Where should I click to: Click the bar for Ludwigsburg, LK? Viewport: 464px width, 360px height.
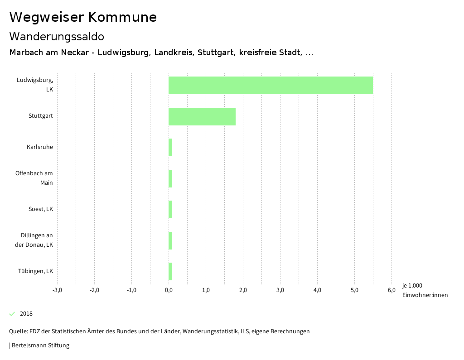click(x=271, y=85)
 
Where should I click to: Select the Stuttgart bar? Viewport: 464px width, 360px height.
click(x=202, y=116)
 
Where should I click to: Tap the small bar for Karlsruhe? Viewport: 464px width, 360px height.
click(x=170, y=148)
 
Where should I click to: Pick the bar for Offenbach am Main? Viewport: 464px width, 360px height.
click(x=170, y=178)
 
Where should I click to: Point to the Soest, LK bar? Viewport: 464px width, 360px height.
click(x=170, y=210)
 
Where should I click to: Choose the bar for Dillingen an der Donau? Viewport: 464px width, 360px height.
click(x=170, y=240)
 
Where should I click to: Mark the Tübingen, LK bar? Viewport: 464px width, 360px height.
click(x=170, y=272)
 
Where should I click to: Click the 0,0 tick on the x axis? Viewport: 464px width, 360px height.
click(x=169, y=290)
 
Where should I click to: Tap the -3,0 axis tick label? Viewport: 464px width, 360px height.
click(x=57, y=290)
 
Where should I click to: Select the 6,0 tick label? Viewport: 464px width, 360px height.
click(x=391, y=290)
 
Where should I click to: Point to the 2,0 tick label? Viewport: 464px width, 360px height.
click(x=243, y=290)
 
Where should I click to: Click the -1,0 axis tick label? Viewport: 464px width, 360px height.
click(x=131, y=290)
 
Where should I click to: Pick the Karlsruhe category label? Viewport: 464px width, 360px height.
click(x=40, y=147)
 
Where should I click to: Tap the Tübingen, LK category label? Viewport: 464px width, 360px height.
click(x=36, y=271)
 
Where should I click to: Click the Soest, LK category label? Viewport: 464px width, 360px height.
click(x=41, y=209)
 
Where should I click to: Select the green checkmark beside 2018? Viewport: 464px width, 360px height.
click(x=12, y=314)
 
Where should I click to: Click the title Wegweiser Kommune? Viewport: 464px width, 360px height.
click(x=83, y=17)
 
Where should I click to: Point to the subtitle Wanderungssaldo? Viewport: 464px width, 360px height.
click(x=57, y=36)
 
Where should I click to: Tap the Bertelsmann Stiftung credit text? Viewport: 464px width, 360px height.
click(x=40, y=346)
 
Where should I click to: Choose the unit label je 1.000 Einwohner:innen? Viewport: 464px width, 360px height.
click(x=425, y=290)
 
